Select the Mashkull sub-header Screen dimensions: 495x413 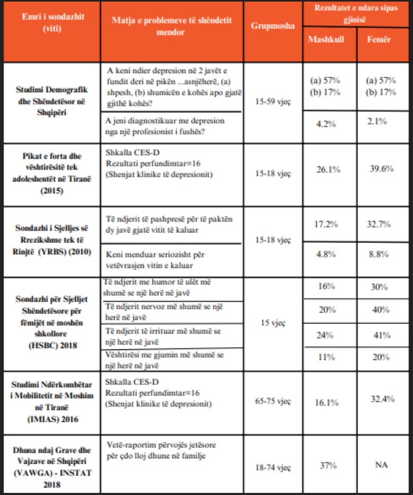point(326,40)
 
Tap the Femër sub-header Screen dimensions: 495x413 point(379,40)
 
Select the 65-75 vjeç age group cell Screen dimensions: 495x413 point(273,401)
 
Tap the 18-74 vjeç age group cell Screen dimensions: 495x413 point(273,467)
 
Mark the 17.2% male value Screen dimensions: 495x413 point(326,224)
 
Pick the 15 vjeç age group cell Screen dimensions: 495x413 point(273,322)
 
